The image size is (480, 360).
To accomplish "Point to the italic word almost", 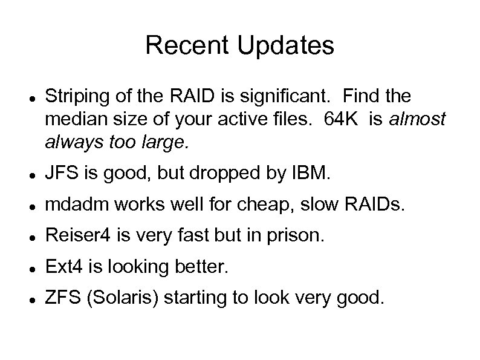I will pos(417,119).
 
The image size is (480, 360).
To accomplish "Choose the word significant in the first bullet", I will pos(282,96).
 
